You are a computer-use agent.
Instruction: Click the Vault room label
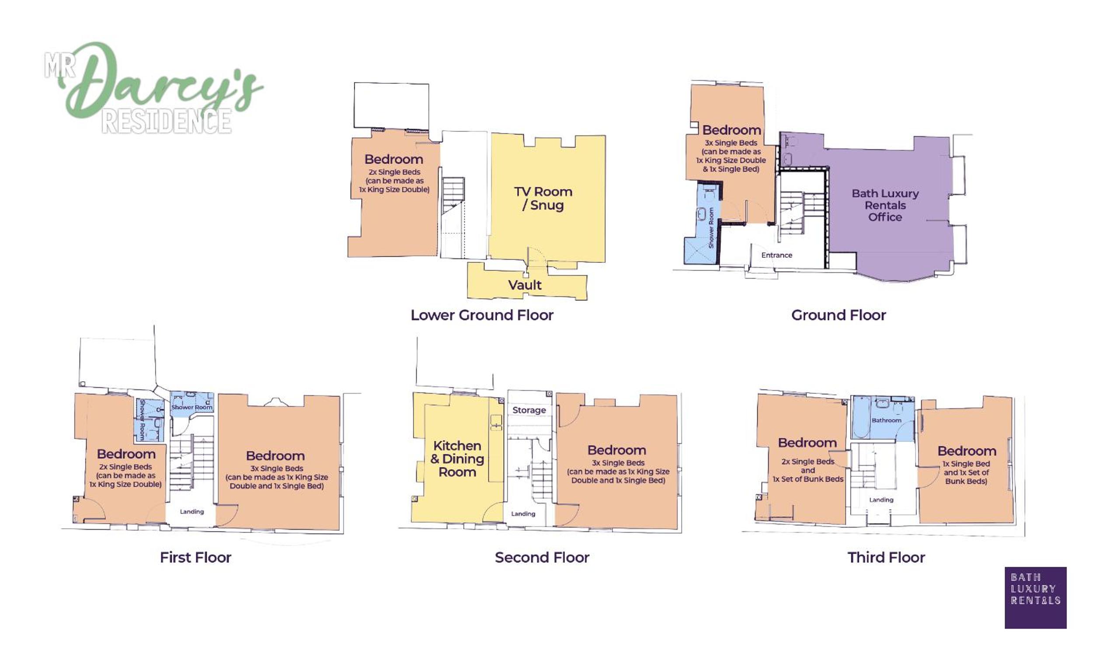[x=524, y=285]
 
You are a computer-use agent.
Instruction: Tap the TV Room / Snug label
[x=543, y=198]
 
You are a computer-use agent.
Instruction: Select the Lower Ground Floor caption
[x=481, y=315]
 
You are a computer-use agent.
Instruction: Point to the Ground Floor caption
[x=839, y=315]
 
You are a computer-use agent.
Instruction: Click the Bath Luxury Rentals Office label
[x=885, y=205]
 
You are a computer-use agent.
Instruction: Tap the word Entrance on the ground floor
[x=776, y=255]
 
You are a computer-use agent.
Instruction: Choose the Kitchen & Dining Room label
[x=457, y=459]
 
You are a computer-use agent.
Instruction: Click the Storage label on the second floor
[x=529, y=410]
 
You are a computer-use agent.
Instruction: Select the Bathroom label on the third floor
[x=886, y=420]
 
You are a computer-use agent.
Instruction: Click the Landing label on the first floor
[x=192, y=511]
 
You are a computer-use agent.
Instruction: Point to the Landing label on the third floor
[x=881, y=500]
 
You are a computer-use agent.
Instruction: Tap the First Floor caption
[x=195, y=558]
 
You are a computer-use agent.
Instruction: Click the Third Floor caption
[x=886, y=558]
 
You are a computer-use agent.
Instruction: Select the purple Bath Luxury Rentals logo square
[x=1036, y=598]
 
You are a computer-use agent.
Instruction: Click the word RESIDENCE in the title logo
[x=167, y=121]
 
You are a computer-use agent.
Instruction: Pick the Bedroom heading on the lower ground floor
[x=393, y=159]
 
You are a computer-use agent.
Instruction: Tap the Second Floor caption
[x=542, y=558]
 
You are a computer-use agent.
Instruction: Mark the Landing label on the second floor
[x=523, y=514]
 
